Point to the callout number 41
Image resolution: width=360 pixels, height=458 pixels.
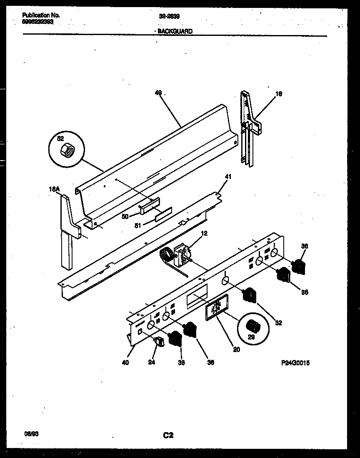click(228, 176)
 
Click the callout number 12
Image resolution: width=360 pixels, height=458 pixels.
click(204, 234)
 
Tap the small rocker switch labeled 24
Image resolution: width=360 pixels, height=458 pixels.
click(159, 342)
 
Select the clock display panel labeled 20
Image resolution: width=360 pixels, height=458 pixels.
click(217, 308)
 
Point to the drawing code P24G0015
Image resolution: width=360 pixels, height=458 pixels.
click(295, 363)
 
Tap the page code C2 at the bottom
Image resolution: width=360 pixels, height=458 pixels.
click(167, 435)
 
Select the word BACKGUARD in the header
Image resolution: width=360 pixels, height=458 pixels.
click(175, 31)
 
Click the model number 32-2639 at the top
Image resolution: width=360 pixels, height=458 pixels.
click(170, 17)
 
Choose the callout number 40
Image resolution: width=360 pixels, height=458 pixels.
click(125, 362)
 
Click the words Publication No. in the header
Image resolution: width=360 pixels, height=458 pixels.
click(40, 15)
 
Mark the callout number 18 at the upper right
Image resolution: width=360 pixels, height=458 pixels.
click(279, 94)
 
